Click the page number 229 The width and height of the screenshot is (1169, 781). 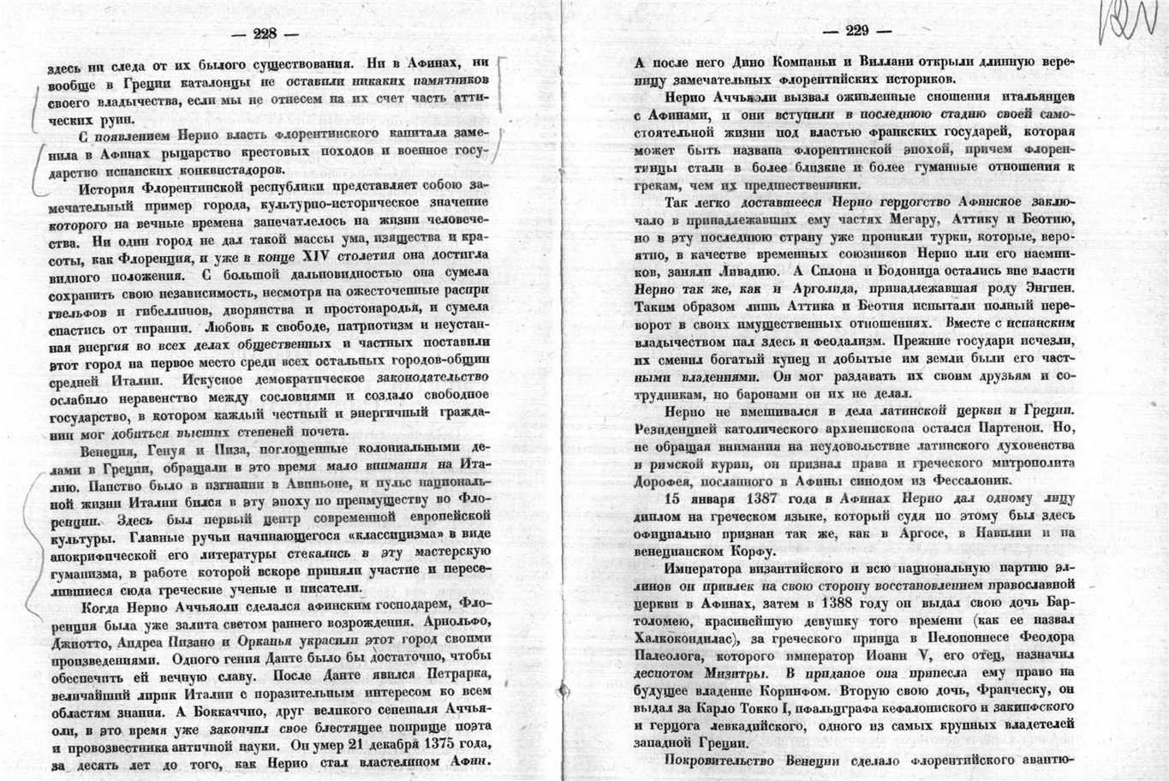[856, 33]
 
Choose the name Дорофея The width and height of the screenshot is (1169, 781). [662, 480]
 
